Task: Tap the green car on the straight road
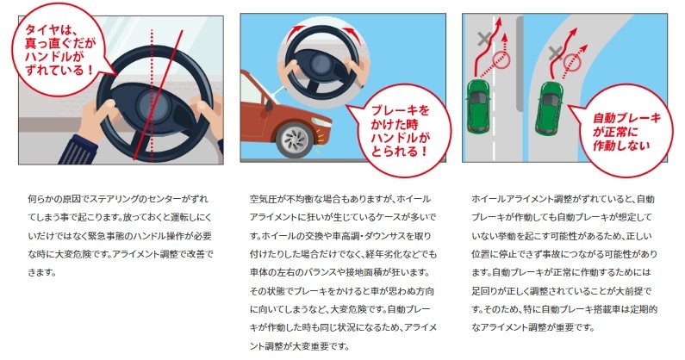coord(478,106)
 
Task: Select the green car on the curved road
coord(549,108)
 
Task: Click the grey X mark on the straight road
coord(483,39)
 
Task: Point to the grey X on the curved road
coord(555,53)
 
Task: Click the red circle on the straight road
coord(501,59)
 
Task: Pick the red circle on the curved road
coord(572,63)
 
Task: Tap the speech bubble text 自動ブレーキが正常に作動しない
coord(626,132)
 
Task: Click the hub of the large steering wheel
coord(152,106)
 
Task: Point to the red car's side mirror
coord(268,104)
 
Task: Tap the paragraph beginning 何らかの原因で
coord(121,235)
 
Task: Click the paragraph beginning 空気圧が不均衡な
coord(343,273)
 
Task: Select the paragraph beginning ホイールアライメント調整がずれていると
coord(564,263)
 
